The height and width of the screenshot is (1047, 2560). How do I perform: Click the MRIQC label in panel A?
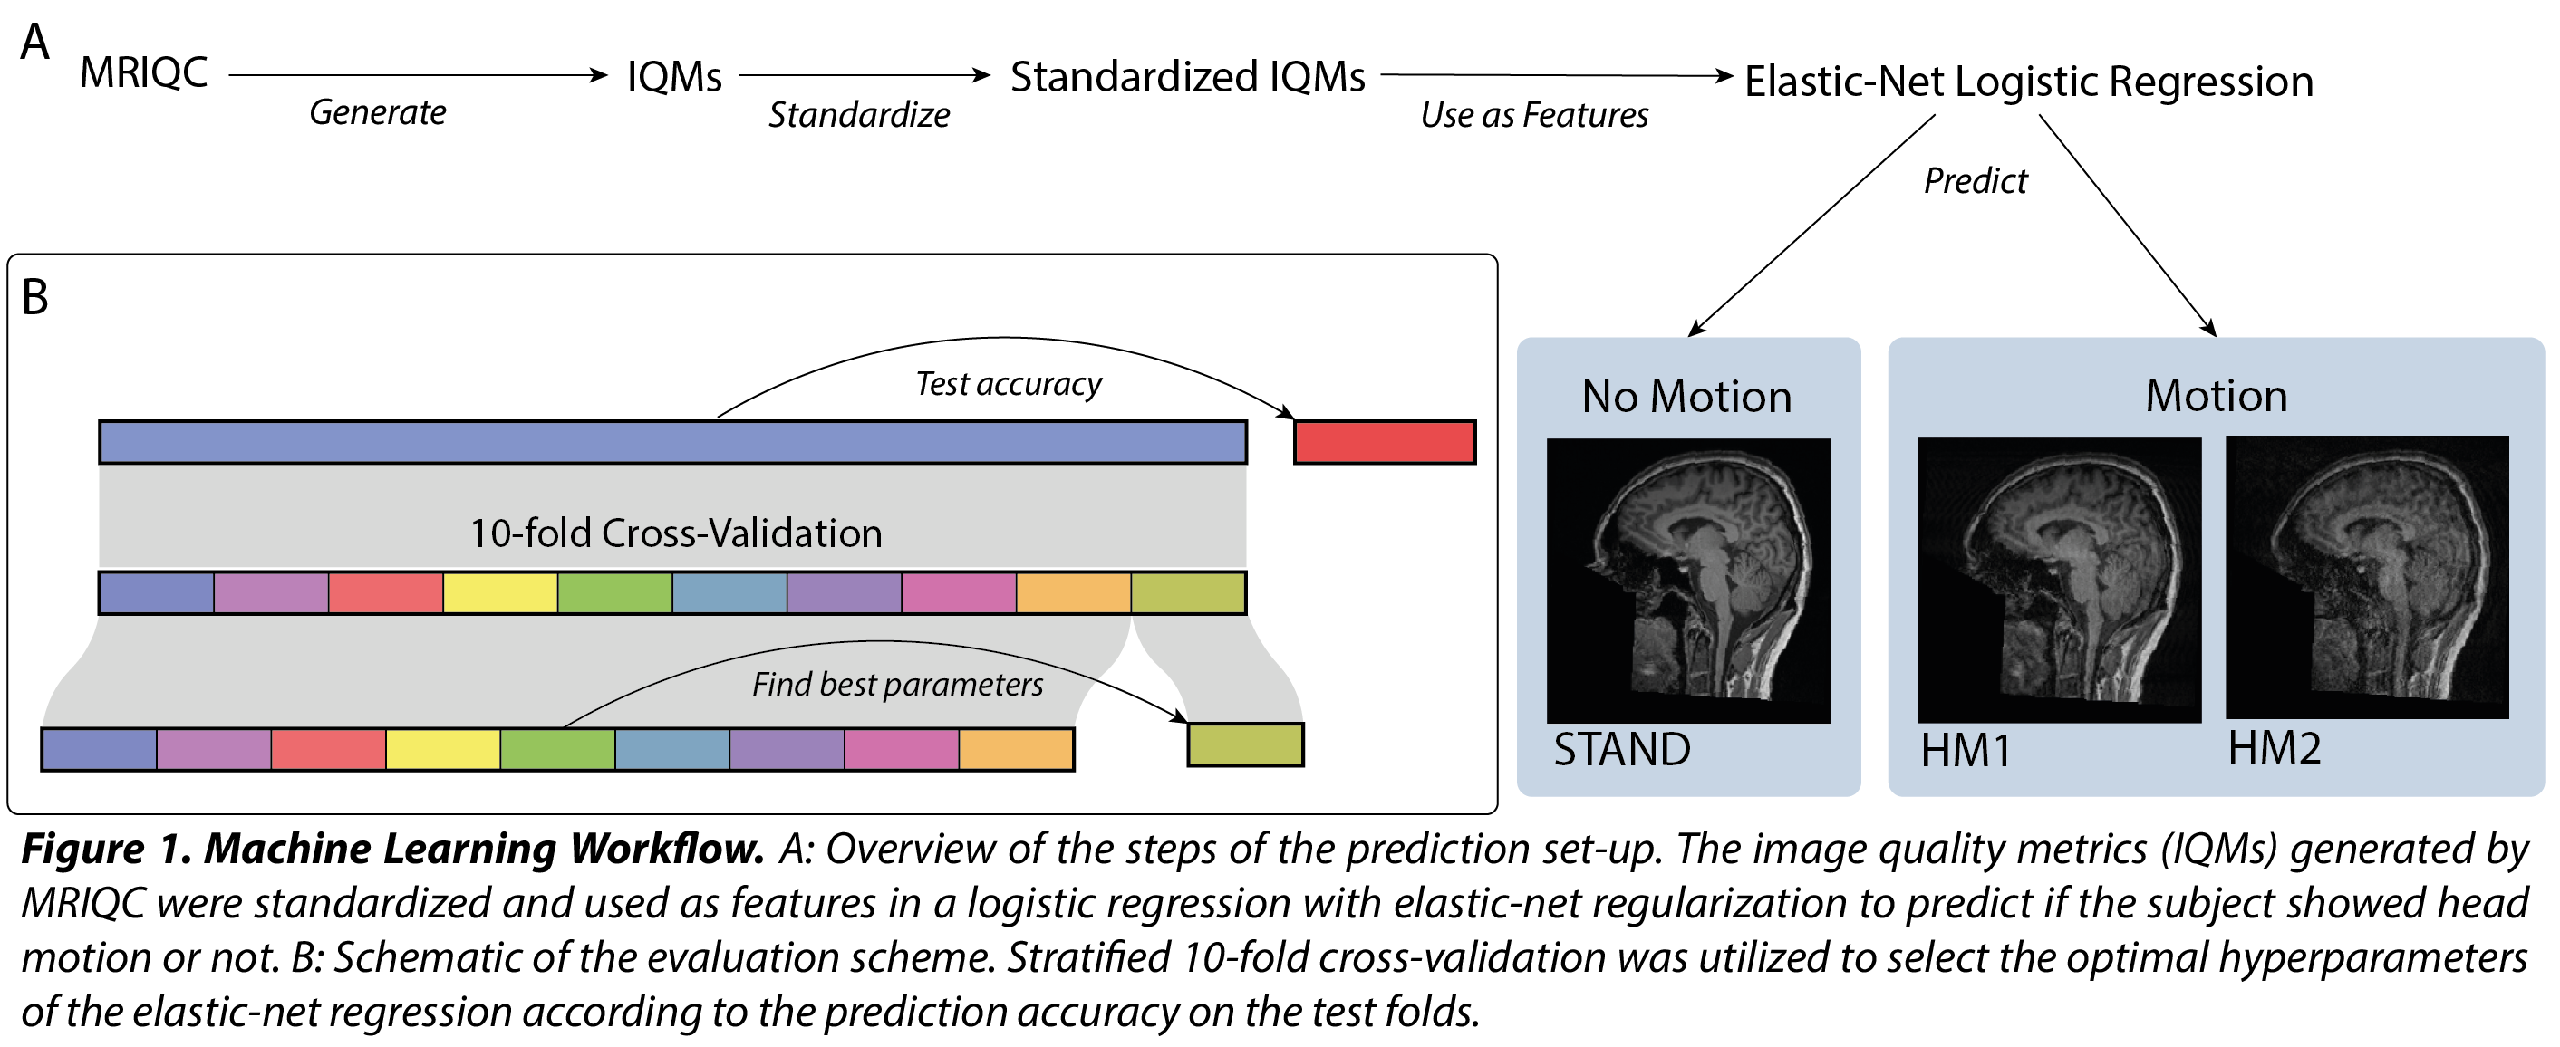point(144,72)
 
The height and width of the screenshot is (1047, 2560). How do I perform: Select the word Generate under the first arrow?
point(378,112)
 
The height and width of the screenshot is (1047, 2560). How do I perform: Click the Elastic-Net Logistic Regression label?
point(2028,81)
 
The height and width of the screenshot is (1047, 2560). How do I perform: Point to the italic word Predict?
point(1975,181)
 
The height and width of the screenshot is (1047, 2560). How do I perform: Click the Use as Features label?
point(1534,115)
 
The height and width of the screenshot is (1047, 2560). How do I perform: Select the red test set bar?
point(1385,442)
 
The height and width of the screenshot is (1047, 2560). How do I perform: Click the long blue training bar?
point(672,442)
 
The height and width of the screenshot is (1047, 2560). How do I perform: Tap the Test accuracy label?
point(1008,383)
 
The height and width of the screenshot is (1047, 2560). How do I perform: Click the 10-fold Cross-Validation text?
point(676,533)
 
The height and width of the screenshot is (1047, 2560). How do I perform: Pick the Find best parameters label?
point(897,685)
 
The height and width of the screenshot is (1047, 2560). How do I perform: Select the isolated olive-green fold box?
point(1245,745)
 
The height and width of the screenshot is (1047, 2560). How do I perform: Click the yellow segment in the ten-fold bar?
point(500,593)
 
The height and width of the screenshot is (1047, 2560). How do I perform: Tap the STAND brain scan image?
point(1688,581)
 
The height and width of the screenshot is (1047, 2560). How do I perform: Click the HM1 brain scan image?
point(2058,581)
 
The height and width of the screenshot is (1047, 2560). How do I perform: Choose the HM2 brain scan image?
point(2366,578)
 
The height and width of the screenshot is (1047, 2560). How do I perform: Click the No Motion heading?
point(1686,397)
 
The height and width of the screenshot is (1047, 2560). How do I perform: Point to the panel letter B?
point(34,297)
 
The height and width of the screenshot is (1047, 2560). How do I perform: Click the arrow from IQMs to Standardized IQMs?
point(865,74)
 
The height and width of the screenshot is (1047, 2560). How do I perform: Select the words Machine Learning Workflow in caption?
point(484,850)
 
